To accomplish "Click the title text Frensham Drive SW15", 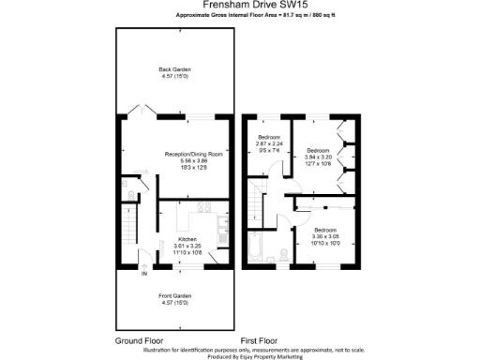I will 239,6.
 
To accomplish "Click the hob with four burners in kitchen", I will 203,207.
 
